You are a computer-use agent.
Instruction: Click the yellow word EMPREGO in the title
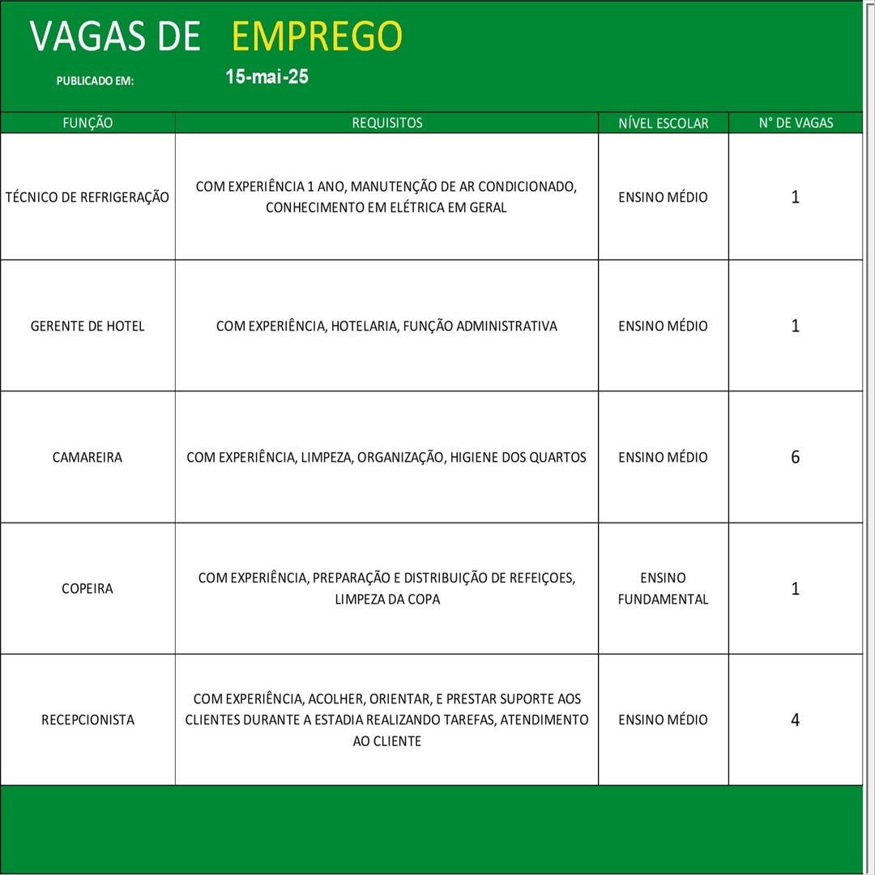pyautogui.click(x=317, y=36)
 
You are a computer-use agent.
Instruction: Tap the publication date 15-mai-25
pyautogui.click(x=267, y=77)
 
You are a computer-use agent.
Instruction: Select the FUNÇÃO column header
pyautogui.click(x=87, y=123)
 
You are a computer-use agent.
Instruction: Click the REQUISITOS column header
pyautogui.click(x=386, y=123)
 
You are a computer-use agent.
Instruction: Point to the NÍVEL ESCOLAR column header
pyautogui.click(x=663, y=123)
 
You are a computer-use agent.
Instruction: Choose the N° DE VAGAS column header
pyautogui.click(x=796, y=123)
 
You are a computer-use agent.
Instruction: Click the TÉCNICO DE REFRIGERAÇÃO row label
pyautogui.click(x=87, y=197)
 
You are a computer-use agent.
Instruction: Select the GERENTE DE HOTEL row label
pyautogui.click(x=87, y=326)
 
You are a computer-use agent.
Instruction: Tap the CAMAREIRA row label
pyautogui.click(x=87, y=457)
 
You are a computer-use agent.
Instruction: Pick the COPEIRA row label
pyautogui.click(x=87, y=588)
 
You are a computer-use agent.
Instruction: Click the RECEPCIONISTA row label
pyautogui.click(x=87, y=719)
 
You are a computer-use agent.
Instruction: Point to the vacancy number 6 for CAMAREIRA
pyautogui.click(x=795, y=457)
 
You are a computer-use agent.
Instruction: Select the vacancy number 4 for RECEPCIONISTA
pyautogui.click(x=795, y=719)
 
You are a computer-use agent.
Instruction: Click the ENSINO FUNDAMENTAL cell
pyautogui.click(x=663, y=588)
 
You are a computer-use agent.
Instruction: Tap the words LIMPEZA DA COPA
pyautogui.click(x=387, y=600)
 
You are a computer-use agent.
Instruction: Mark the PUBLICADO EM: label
pyautogui.click(x=95, y=81)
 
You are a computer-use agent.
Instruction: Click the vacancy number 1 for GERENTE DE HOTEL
pyautogui.click(x=795, y=326)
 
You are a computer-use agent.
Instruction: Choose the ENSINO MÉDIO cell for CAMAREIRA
pyautogui.click(x=663, y=457)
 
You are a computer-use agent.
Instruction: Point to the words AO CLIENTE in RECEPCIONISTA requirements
pyautogui.click(x=386, y=741)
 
